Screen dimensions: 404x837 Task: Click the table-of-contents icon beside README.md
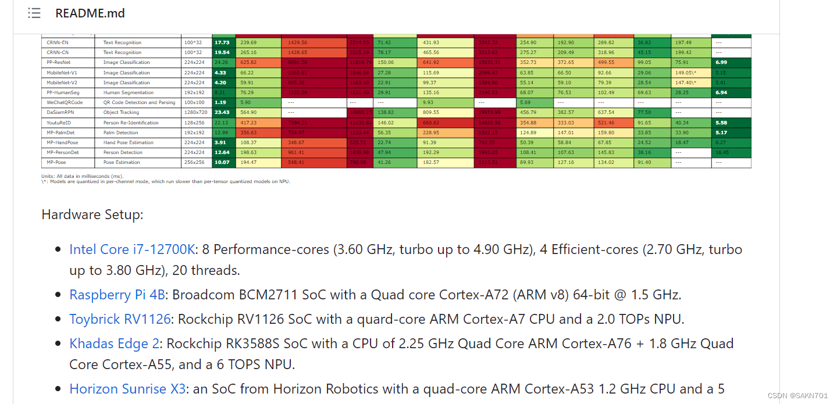(34, 13)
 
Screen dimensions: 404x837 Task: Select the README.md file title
(90, 13)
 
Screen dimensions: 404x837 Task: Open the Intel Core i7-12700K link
(132, 249)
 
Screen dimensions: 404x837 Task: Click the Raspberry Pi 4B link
(117, 295)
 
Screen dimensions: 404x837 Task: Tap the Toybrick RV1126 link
(120, 319)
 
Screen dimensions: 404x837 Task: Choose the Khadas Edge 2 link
(114, 344)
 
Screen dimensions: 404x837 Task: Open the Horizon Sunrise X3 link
(127, 389)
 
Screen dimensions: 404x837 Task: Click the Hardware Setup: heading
(92, 214)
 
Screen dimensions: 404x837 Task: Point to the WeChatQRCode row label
(65, 102)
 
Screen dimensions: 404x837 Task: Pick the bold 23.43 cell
(222, 112)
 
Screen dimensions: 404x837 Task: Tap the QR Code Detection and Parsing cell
(139, 102)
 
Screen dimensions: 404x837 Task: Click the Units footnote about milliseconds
(82, 176)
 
